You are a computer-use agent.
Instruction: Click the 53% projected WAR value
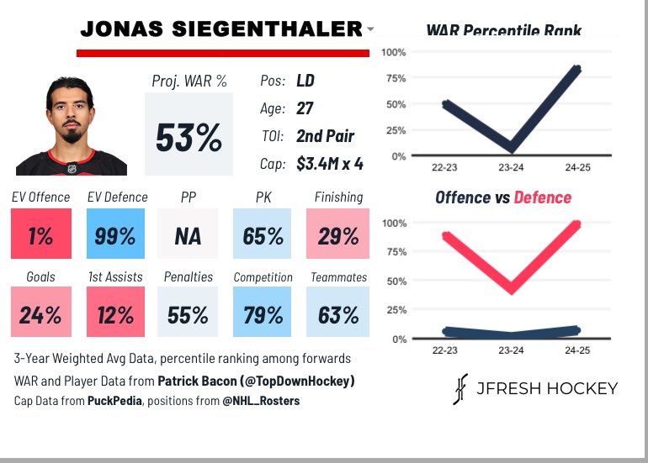(x=189, y=138)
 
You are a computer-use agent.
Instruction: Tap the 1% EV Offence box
(x=41, y=234)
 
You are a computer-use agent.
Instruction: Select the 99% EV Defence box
(x=115, y=234)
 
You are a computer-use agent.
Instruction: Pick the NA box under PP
(x=188, y=234)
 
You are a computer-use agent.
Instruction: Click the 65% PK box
(x=262, y=234)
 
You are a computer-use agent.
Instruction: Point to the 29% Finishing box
(x=337, y=234)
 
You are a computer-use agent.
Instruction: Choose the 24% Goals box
(x=41, y=312)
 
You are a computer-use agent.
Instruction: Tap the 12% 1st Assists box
(x=115, y=312)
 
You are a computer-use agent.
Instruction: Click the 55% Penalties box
(x=188, y=312)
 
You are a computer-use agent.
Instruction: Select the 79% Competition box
(x=262, y=312)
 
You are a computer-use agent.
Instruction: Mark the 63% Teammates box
(x=337, y=312)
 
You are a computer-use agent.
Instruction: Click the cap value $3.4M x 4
(x=330, y=164)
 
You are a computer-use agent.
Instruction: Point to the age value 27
(x=305, y=108)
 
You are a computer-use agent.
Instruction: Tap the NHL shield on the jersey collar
(x=72, y=168)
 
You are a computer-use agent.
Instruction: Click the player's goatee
(x=72, y=135)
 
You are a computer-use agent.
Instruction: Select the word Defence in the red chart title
(x=543, y=197)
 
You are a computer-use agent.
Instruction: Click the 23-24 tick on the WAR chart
(x=511, y=167)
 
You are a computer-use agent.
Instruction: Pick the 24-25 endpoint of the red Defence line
(x=576, y=224)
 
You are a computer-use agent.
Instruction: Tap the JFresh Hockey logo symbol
(x=460, y=389)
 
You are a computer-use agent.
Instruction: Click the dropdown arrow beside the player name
(x=370, y=29)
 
